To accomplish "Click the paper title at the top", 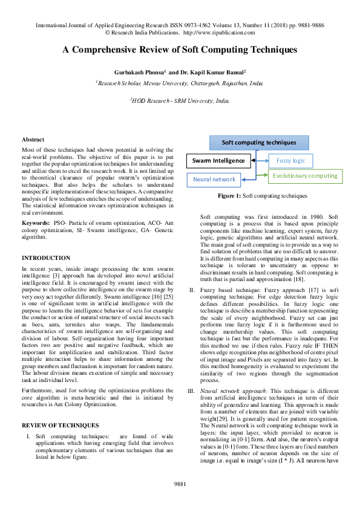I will click(180, 51).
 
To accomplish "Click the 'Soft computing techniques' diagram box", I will click(259, 143).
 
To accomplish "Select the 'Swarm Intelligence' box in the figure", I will click(218, 161).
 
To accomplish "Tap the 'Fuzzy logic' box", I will click(292, 161).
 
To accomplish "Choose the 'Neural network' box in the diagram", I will click(214, 180).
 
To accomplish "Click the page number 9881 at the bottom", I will click(180, 484).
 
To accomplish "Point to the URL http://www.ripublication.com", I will click(218, 33).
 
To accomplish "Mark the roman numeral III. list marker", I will click(192, 375).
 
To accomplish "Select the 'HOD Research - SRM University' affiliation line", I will click(180, 101).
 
